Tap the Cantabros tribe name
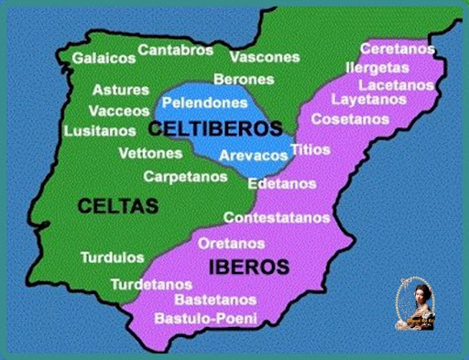pyautogui.click(x=176, y=49)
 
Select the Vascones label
pyautogui.click(x=264, y=57)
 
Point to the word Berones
pyautogui.click(x=244, y=80)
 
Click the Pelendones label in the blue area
pyautogui.click(x=204, y=104)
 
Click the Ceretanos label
pyautogui.click(x=397, y=48)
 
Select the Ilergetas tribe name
pyautogui.click(x=378, y=67)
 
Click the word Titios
pyautogui.click(x=305, y=148)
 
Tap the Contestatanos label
pyautogui.click(x=277, y=218)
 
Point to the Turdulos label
pyautogui.click(x=112, y=257)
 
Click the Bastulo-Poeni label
pyautogui.click(x=205, y=319)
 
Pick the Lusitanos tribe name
pyautogui.click(x=100, y=131)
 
